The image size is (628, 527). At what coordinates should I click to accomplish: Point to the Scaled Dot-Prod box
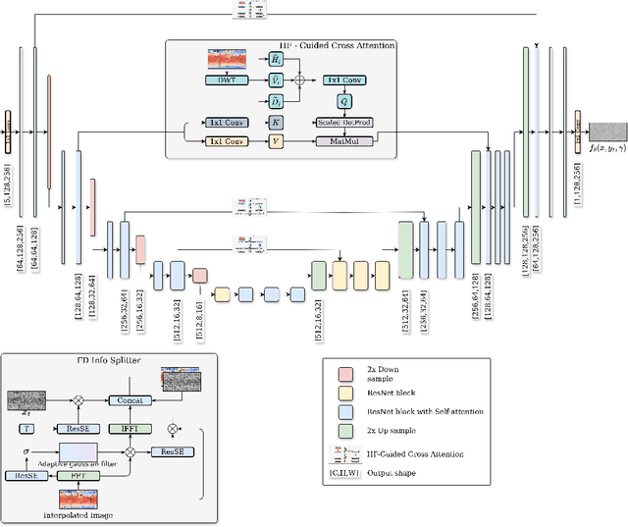tap(347, 122)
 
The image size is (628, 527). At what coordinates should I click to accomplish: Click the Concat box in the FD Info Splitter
tap(130, 399)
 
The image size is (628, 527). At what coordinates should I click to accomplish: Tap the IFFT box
tap(130, 428)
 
